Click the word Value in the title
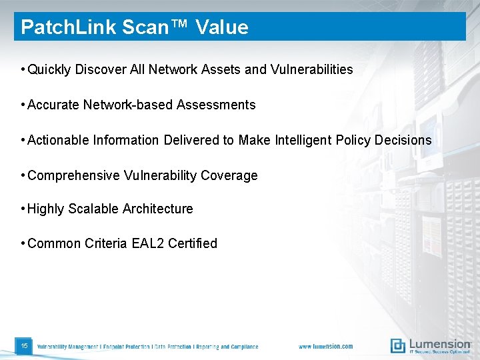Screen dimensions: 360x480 tap(221, 27)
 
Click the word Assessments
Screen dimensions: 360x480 tap(216, 105)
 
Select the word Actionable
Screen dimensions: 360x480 tap(60, 140)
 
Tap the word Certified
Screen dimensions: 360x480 tap(193, 243)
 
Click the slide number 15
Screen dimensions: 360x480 tap(24, 346)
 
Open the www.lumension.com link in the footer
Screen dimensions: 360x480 tap(325, 347)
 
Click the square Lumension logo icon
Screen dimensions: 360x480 tap(398, 345)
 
